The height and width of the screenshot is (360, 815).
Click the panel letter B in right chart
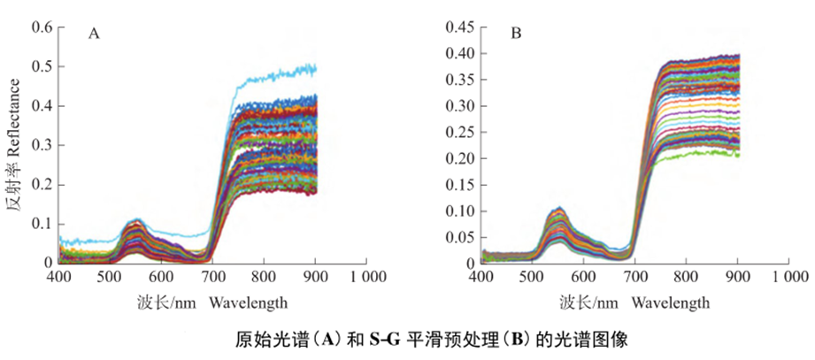pyautogui.click(x=517, y=34)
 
